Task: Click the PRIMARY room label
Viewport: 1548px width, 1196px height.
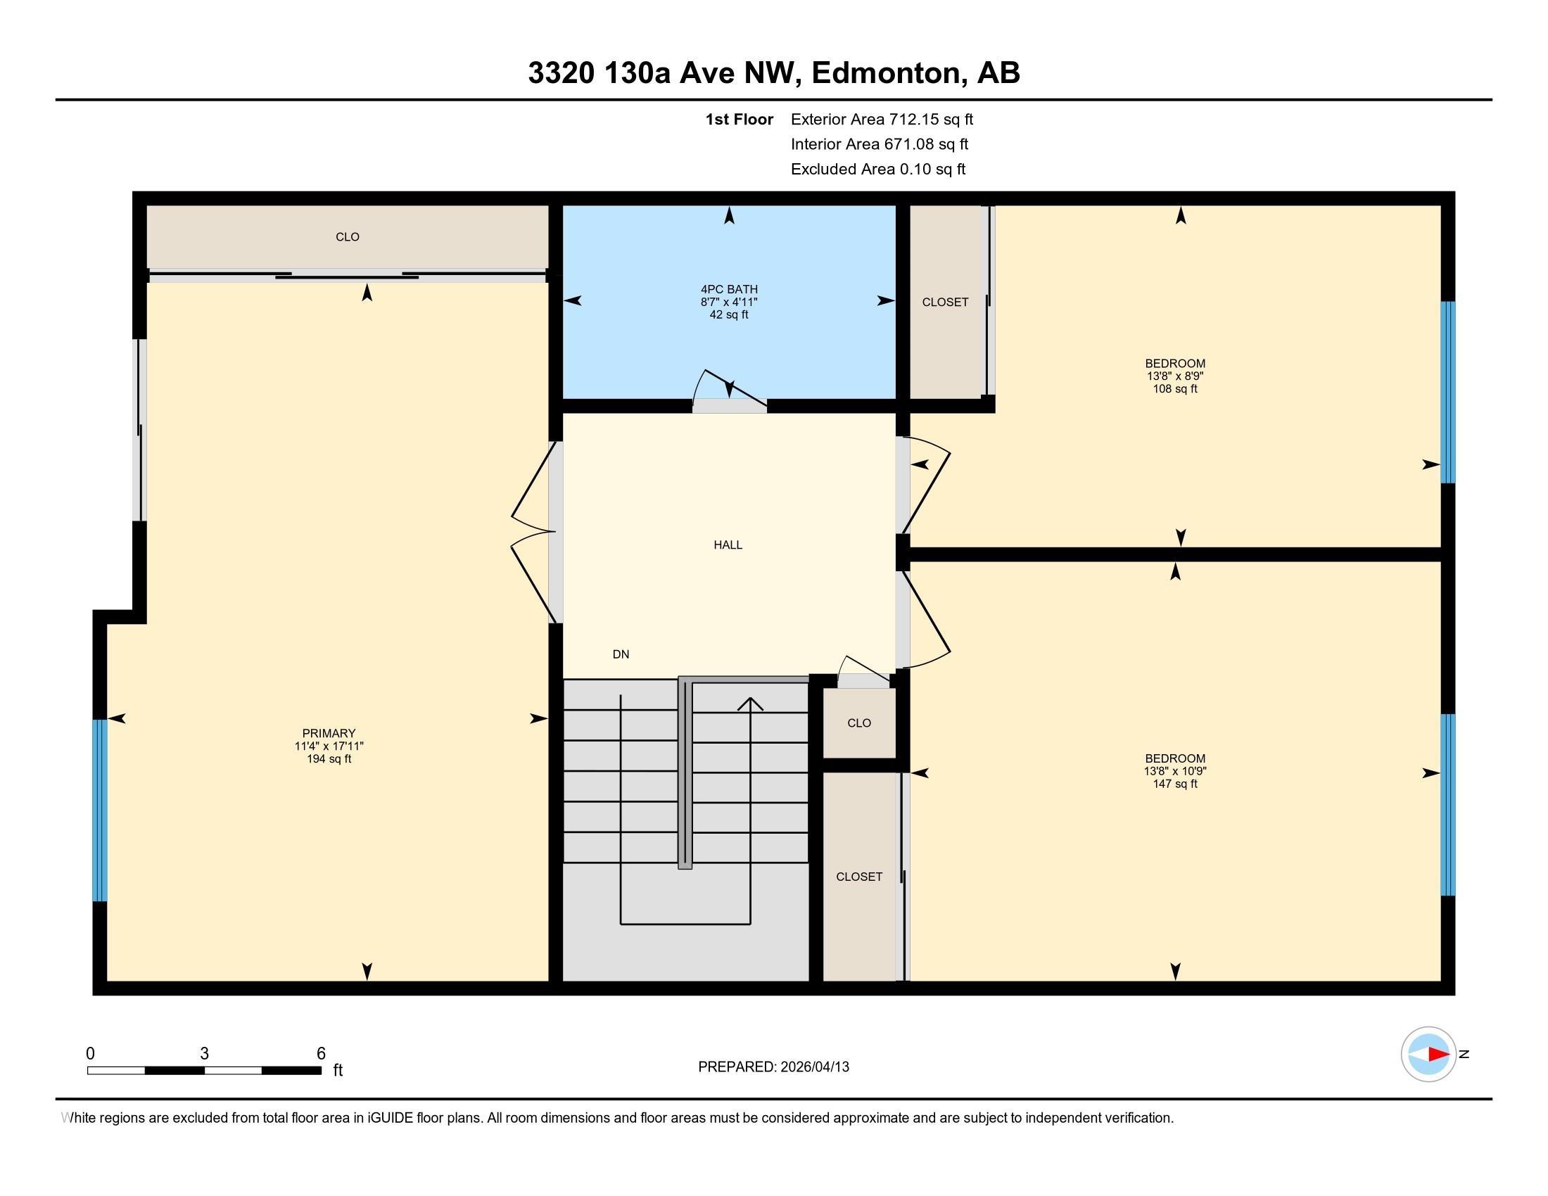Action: [x=329, y=733]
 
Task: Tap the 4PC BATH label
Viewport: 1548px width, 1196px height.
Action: [x=730, y=289]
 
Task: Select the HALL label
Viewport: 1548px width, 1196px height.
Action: [x=728, y=545]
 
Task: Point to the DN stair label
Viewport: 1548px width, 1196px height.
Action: [x=621, y=655]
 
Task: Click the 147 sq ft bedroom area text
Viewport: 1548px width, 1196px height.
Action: [x=1175, y=784]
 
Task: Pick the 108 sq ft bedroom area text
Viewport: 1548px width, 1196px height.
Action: [x=1175, y=389]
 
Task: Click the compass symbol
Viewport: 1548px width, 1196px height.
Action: [x=1429, y=1055]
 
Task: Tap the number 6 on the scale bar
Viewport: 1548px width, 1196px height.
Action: [x=321, y=1054]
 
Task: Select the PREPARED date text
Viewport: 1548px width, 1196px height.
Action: [x=773, y=1067]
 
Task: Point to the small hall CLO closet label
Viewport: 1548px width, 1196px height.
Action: [x=859, y=723]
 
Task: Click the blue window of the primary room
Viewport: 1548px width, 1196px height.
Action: [x=100, y=810]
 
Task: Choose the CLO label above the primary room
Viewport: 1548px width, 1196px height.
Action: [x=348, y=236]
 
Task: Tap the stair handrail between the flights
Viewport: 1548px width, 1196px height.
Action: [x=685, y=772]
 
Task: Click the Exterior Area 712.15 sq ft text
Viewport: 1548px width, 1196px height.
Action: [x=882, y=119]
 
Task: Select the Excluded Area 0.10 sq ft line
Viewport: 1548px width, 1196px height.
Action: [x=878, y=169]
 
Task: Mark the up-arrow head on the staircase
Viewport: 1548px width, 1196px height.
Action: [x=750, y=704]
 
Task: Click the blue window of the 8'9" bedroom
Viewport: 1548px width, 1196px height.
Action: [x=1448, y=393]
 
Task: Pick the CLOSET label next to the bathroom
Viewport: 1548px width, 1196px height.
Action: [x=945, y=302]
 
